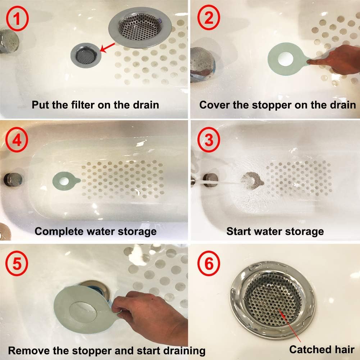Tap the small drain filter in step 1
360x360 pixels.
pyautogui.click(x=86, y=54)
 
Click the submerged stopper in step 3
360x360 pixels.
pyautogui.click(x=251, y=180)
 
